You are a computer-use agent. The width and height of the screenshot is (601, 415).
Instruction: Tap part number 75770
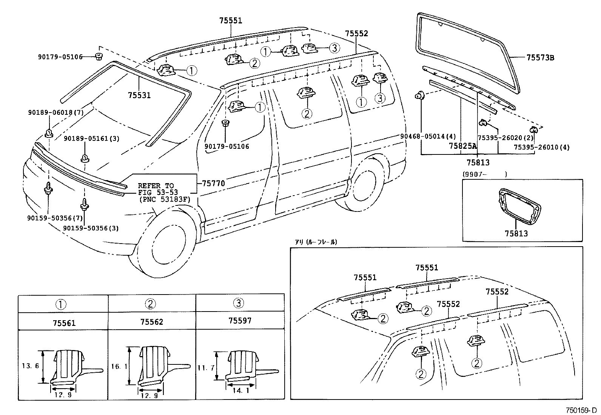pos(213,184)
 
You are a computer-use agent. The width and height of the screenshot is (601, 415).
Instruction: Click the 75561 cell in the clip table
pos(64,323)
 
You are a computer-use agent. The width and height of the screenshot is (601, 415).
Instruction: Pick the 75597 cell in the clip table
pos(240,321)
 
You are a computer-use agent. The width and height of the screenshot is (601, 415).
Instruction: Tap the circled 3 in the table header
pos(239,302)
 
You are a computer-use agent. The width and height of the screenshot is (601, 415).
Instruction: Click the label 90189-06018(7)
pos(55,113)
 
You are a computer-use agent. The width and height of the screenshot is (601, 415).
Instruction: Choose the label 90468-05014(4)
pos(428,136)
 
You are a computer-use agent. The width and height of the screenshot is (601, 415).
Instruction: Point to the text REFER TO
pos(156,186)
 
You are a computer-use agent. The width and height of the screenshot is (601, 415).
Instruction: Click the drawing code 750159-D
pos(581,410)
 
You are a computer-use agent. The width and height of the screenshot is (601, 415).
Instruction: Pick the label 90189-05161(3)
pos(91,139)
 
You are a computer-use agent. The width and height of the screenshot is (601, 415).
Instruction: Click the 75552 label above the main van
pos(356,33)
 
